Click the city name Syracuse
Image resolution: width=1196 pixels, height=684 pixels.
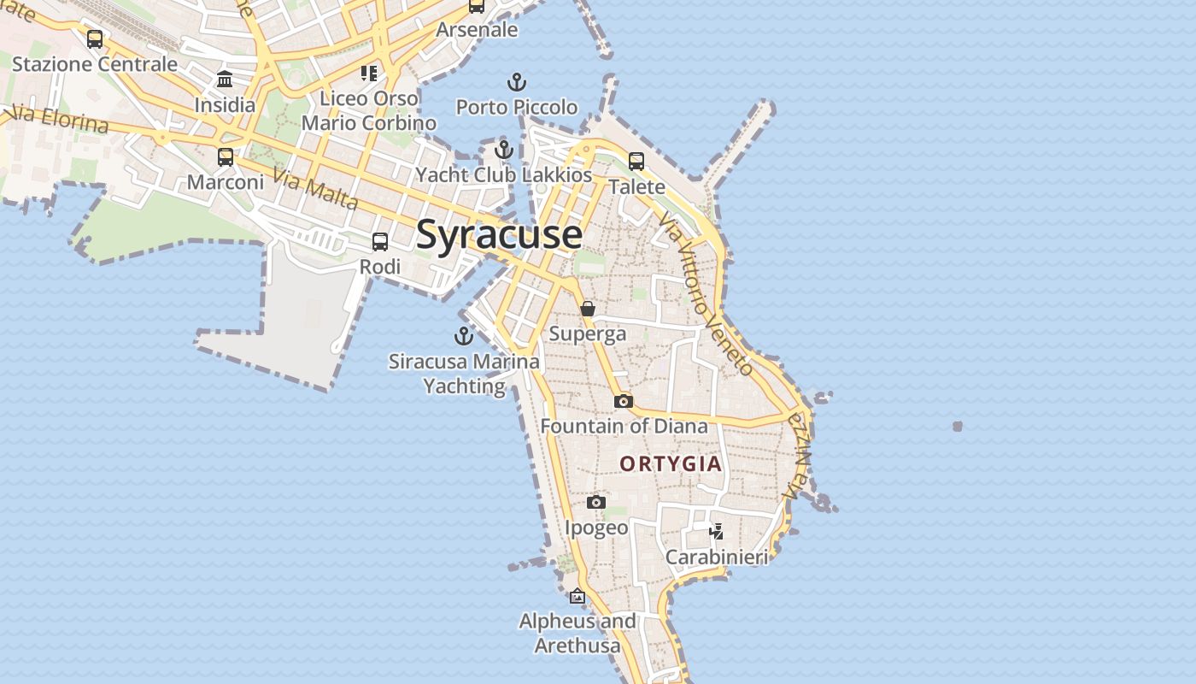coord(499,235)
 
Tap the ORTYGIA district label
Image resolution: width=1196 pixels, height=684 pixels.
coord(671,464)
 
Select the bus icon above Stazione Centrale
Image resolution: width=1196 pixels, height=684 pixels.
coord(95,39)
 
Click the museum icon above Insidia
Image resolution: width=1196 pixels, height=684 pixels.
coord(225,80)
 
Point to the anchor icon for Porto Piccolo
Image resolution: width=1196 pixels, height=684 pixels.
coord(516,83)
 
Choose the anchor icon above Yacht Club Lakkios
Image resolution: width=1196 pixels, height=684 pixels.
coord(504,150)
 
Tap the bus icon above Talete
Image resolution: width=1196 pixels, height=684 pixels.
coord(636,162)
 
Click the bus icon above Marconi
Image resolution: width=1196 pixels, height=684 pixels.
coord(226,157)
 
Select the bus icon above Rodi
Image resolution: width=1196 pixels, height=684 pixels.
coord(380,242)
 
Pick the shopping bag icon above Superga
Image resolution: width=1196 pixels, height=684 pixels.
coord(588,309)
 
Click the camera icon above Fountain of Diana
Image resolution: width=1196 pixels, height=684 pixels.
coord(624,401)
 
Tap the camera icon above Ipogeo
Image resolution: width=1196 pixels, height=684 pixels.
coord(596,503)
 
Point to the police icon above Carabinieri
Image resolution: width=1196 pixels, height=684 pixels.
coord(717,532)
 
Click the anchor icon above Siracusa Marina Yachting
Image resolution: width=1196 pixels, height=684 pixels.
coord(464,336)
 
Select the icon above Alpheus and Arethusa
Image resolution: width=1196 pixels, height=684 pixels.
coord(577,596)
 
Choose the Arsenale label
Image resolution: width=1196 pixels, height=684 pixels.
coord(477,30)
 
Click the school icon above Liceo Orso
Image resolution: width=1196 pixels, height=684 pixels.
coord(368,74)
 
